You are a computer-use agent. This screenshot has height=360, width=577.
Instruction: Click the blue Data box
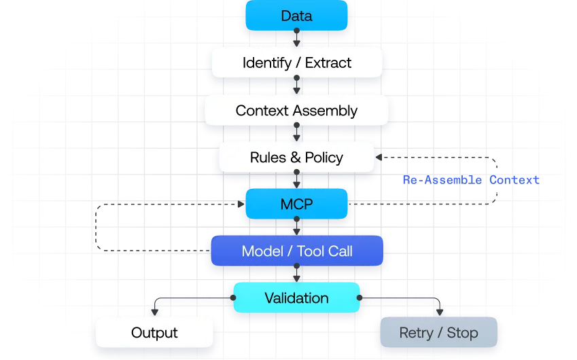(296, 16)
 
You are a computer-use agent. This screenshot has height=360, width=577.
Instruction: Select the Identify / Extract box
(296, 63)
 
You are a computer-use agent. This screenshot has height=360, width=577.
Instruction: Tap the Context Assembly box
(296, 110)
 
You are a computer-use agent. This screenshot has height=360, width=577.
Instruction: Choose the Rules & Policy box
(296, 158)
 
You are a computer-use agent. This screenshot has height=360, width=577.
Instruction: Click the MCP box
(296, 204)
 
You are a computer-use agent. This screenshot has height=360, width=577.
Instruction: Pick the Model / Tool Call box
(296, 251)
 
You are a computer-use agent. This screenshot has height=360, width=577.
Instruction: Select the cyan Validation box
(296, 298)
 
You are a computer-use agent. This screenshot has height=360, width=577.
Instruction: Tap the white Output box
(154, 333)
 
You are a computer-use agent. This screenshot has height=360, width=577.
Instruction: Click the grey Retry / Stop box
(438, 333)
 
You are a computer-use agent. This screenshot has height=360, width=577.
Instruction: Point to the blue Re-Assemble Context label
(470, 180)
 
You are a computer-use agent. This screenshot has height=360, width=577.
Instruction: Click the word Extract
(328, 63)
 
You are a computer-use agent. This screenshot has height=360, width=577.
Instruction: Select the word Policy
(324, 158)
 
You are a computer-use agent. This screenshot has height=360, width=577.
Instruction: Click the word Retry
(416, 333)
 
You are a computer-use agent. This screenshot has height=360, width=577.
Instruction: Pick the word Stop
(462, 333)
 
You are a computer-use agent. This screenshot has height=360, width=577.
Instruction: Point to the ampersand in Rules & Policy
(295, 158)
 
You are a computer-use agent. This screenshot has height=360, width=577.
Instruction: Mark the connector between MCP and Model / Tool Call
(296, 227)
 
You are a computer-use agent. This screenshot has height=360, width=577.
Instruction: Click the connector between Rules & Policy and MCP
(296, 180)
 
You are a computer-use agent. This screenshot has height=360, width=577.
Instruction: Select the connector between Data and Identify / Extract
(296, 39)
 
